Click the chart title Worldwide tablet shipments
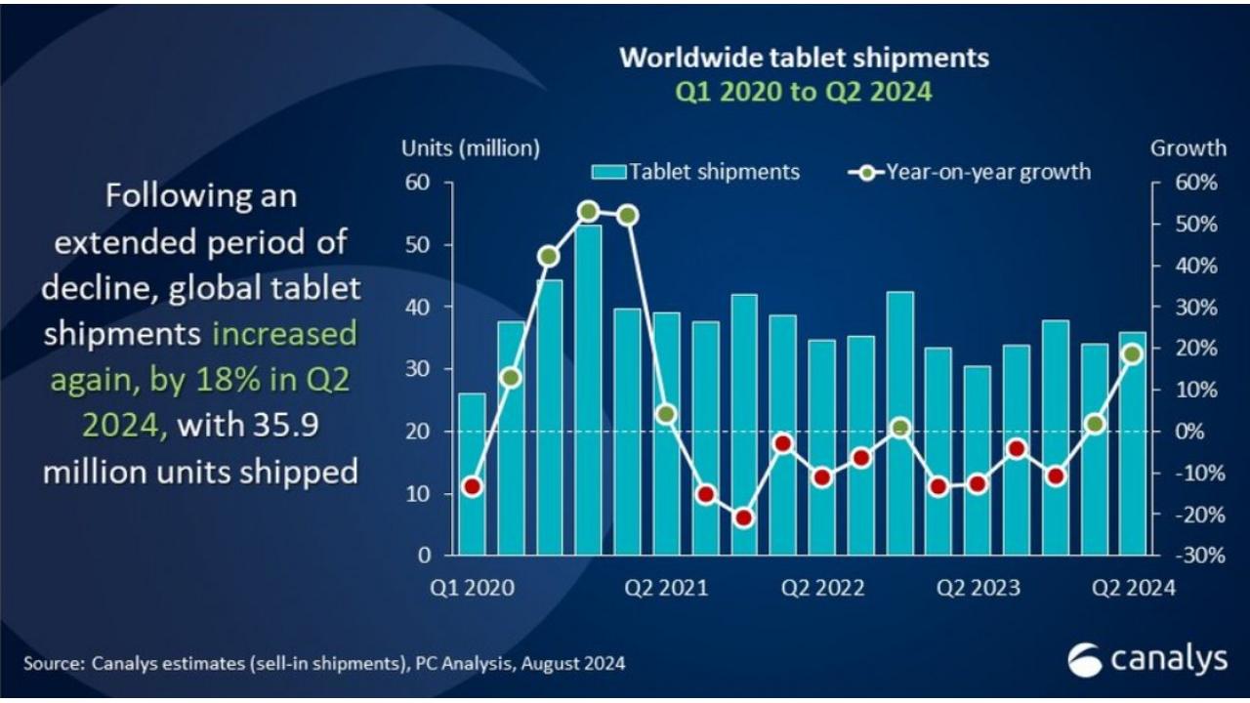[x=804, y=58]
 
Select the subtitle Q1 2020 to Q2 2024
[x=804, y=93]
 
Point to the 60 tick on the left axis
[x=417, y=183]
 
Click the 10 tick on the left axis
[x=417, y=494]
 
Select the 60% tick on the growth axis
[x=1195, y=184]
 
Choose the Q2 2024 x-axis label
[x=1133, y=588]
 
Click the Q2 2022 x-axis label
[x=822, y=588]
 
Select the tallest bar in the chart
[x=588, y=391]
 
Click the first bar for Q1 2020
[x=472, y=474]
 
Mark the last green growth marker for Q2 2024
[x=1132, y=354]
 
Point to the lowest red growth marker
[x=744, y=518]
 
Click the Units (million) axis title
[x=471, y=148]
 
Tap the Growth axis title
[x=1187, y=148]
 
